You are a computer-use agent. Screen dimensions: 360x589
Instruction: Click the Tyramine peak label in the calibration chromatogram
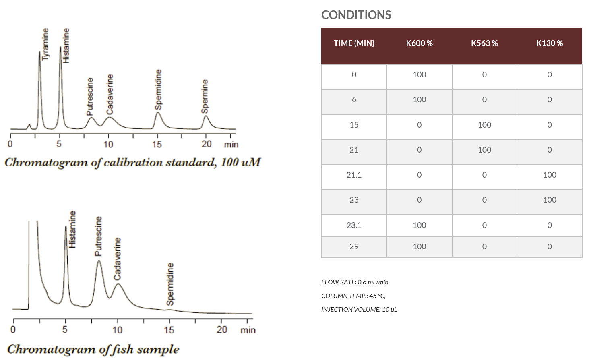point(45,44)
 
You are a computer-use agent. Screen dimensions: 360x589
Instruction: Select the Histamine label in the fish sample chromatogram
point(72,229)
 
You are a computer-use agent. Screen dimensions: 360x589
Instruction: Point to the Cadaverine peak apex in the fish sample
point(118,284)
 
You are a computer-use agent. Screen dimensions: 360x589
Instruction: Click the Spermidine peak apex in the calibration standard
point(158,112)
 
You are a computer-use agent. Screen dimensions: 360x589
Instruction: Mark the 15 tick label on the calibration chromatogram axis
point(157,144)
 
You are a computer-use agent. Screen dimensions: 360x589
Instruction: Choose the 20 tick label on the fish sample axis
point(221,329)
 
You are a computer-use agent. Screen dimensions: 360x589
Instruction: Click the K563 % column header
point(484,43)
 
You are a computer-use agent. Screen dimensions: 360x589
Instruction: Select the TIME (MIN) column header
point(354,43)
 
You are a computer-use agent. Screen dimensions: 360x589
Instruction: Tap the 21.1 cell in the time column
point(354,175)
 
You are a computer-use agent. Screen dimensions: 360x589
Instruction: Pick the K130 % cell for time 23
point(550,200)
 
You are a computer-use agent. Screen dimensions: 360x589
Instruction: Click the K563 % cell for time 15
point(484,125)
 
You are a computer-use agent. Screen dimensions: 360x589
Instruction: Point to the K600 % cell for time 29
point(419,246)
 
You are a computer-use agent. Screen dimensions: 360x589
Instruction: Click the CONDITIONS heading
point(356,15)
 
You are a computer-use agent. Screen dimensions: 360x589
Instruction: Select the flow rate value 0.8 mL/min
point(374,282)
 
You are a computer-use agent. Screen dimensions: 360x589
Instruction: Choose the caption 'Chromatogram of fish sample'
point(93,349)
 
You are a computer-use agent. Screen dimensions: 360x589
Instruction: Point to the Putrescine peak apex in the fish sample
point(99,261)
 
